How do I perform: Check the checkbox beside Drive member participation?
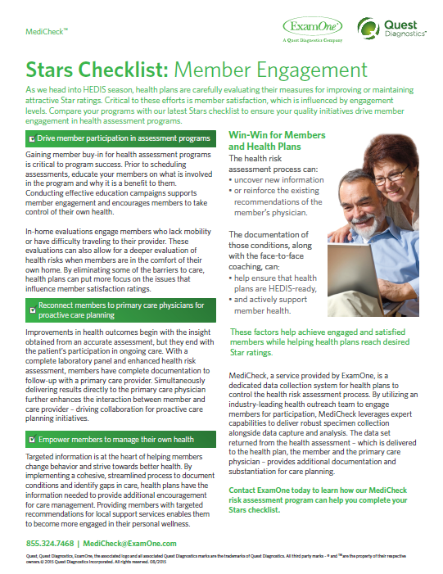click(x=30, y=139)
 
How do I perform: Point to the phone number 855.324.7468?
click(x=51, y=543)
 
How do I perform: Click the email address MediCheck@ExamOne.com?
click(x=130, y=543)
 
